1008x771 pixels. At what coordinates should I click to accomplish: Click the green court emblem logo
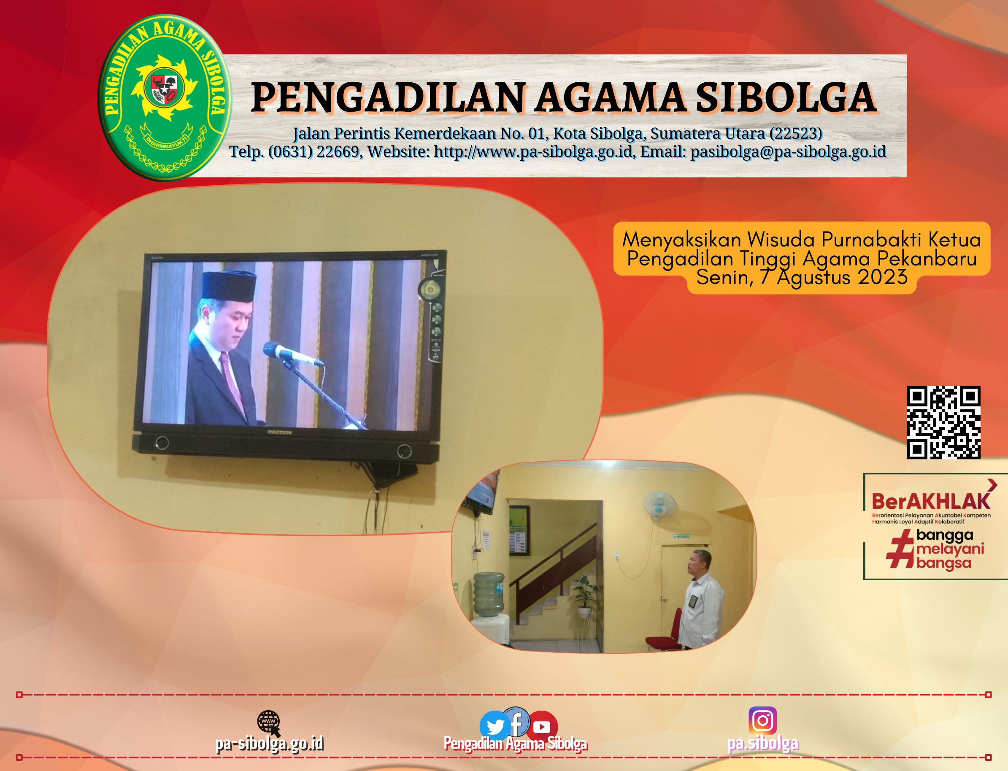(x=164, y=97)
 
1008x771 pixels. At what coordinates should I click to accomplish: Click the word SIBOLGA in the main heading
(x=786, y=98)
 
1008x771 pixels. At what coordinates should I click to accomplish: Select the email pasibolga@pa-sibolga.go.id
(x=788, y=152)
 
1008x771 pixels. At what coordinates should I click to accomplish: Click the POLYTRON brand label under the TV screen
(x=279, y=432)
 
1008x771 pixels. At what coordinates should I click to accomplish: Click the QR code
(x=943, y=422)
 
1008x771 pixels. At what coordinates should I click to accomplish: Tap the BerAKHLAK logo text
(x=930, y=502)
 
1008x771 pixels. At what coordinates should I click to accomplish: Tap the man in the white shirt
(x=700, y=601)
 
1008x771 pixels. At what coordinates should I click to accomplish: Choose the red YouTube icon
(x=542, y=727)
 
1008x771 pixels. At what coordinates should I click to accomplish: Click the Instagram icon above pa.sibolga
(x=762, y=720)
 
